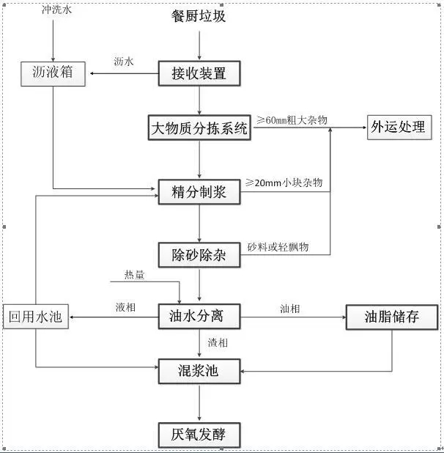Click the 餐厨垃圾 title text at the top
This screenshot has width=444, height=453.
pos(199,15)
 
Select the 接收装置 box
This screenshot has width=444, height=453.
pos(199,73)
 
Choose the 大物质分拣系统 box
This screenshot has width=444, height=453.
pos(199,129)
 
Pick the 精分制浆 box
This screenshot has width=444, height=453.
pos(199,192)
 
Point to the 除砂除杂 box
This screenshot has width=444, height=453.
pos(199,255)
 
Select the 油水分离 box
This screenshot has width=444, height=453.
pos(199,317)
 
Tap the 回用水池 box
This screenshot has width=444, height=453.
pos(34,317)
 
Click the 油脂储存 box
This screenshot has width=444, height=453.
pos(391,317)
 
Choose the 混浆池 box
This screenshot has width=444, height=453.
pos(199,371)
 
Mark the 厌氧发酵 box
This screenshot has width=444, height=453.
pos(199,435)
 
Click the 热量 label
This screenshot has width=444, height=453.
pos(134,274)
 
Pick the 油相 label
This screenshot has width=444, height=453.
pos(289,309)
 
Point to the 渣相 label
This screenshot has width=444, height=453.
pos(218,342)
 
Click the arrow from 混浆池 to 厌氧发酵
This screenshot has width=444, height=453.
pos(199,402)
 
